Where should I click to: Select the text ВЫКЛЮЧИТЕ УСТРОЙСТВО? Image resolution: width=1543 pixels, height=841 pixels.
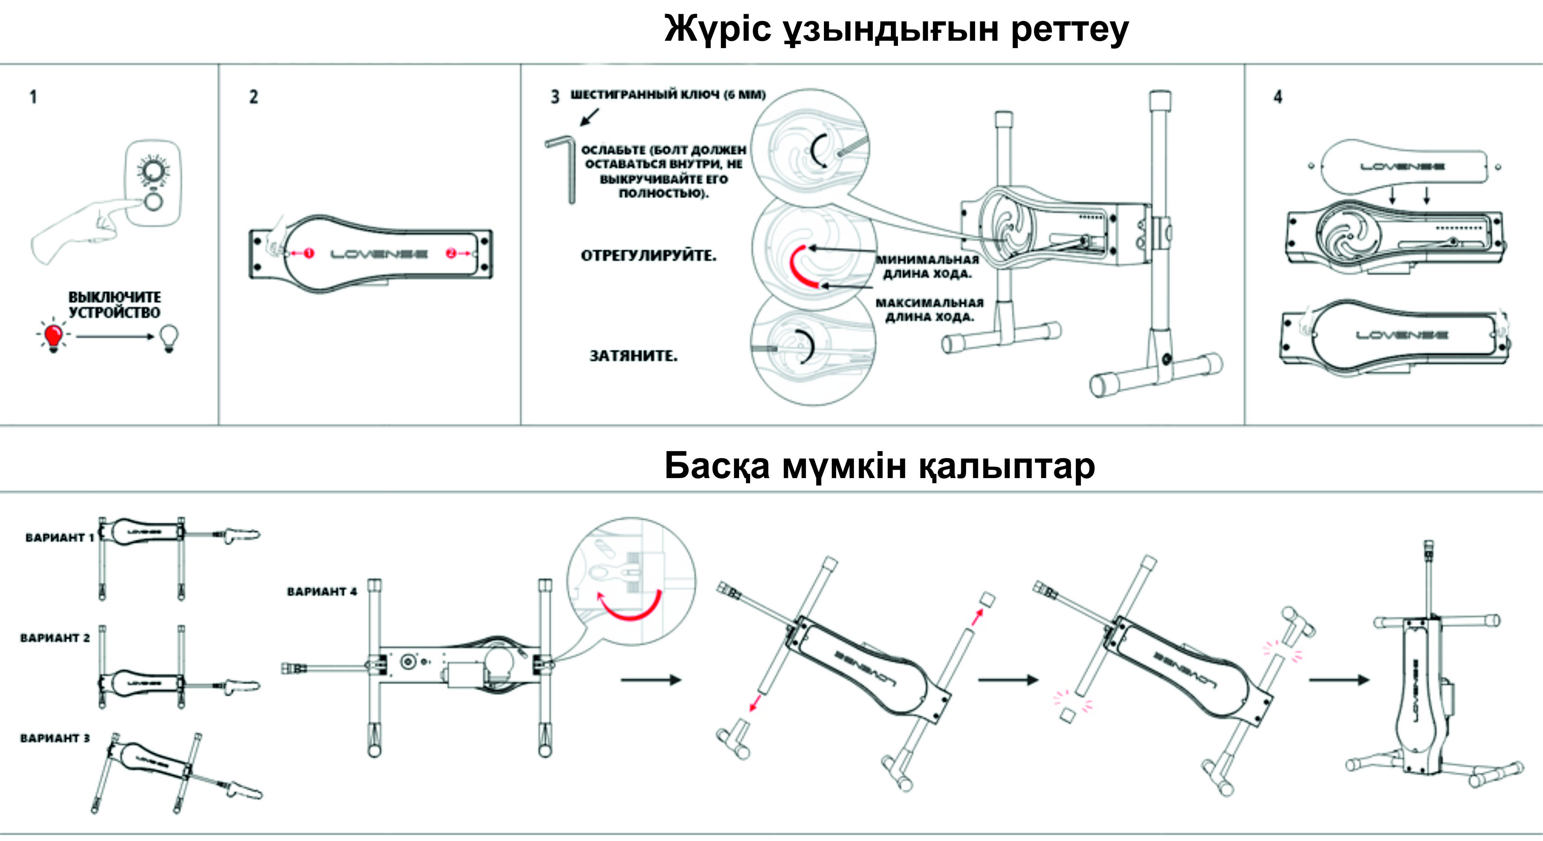(114, 305)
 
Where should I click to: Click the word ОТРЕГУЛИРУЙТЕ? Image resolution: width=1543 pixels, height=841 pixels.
(649, 256)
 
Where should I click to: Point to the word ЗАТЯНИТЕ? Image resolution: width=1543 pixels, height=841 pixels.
(634, 356)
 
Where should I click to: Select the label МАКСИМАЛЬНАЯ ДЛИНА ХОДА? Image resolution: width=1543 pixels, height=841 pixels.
(930, 310)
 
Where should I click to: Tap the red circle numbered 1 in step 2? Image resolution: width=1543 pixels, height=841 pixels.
(308, 253)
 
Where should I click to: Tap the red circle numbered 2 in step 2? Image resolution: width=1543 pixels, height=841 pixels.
(450, 253)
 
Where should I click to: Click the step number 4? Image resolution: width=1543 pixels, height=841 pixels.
(1278, 97)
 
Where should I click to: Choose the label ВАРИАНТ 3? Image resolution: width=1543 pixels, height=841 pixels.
(54, 738)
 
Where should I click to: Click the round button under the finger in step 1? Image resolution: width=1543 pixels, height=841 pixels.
(153, 203)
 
